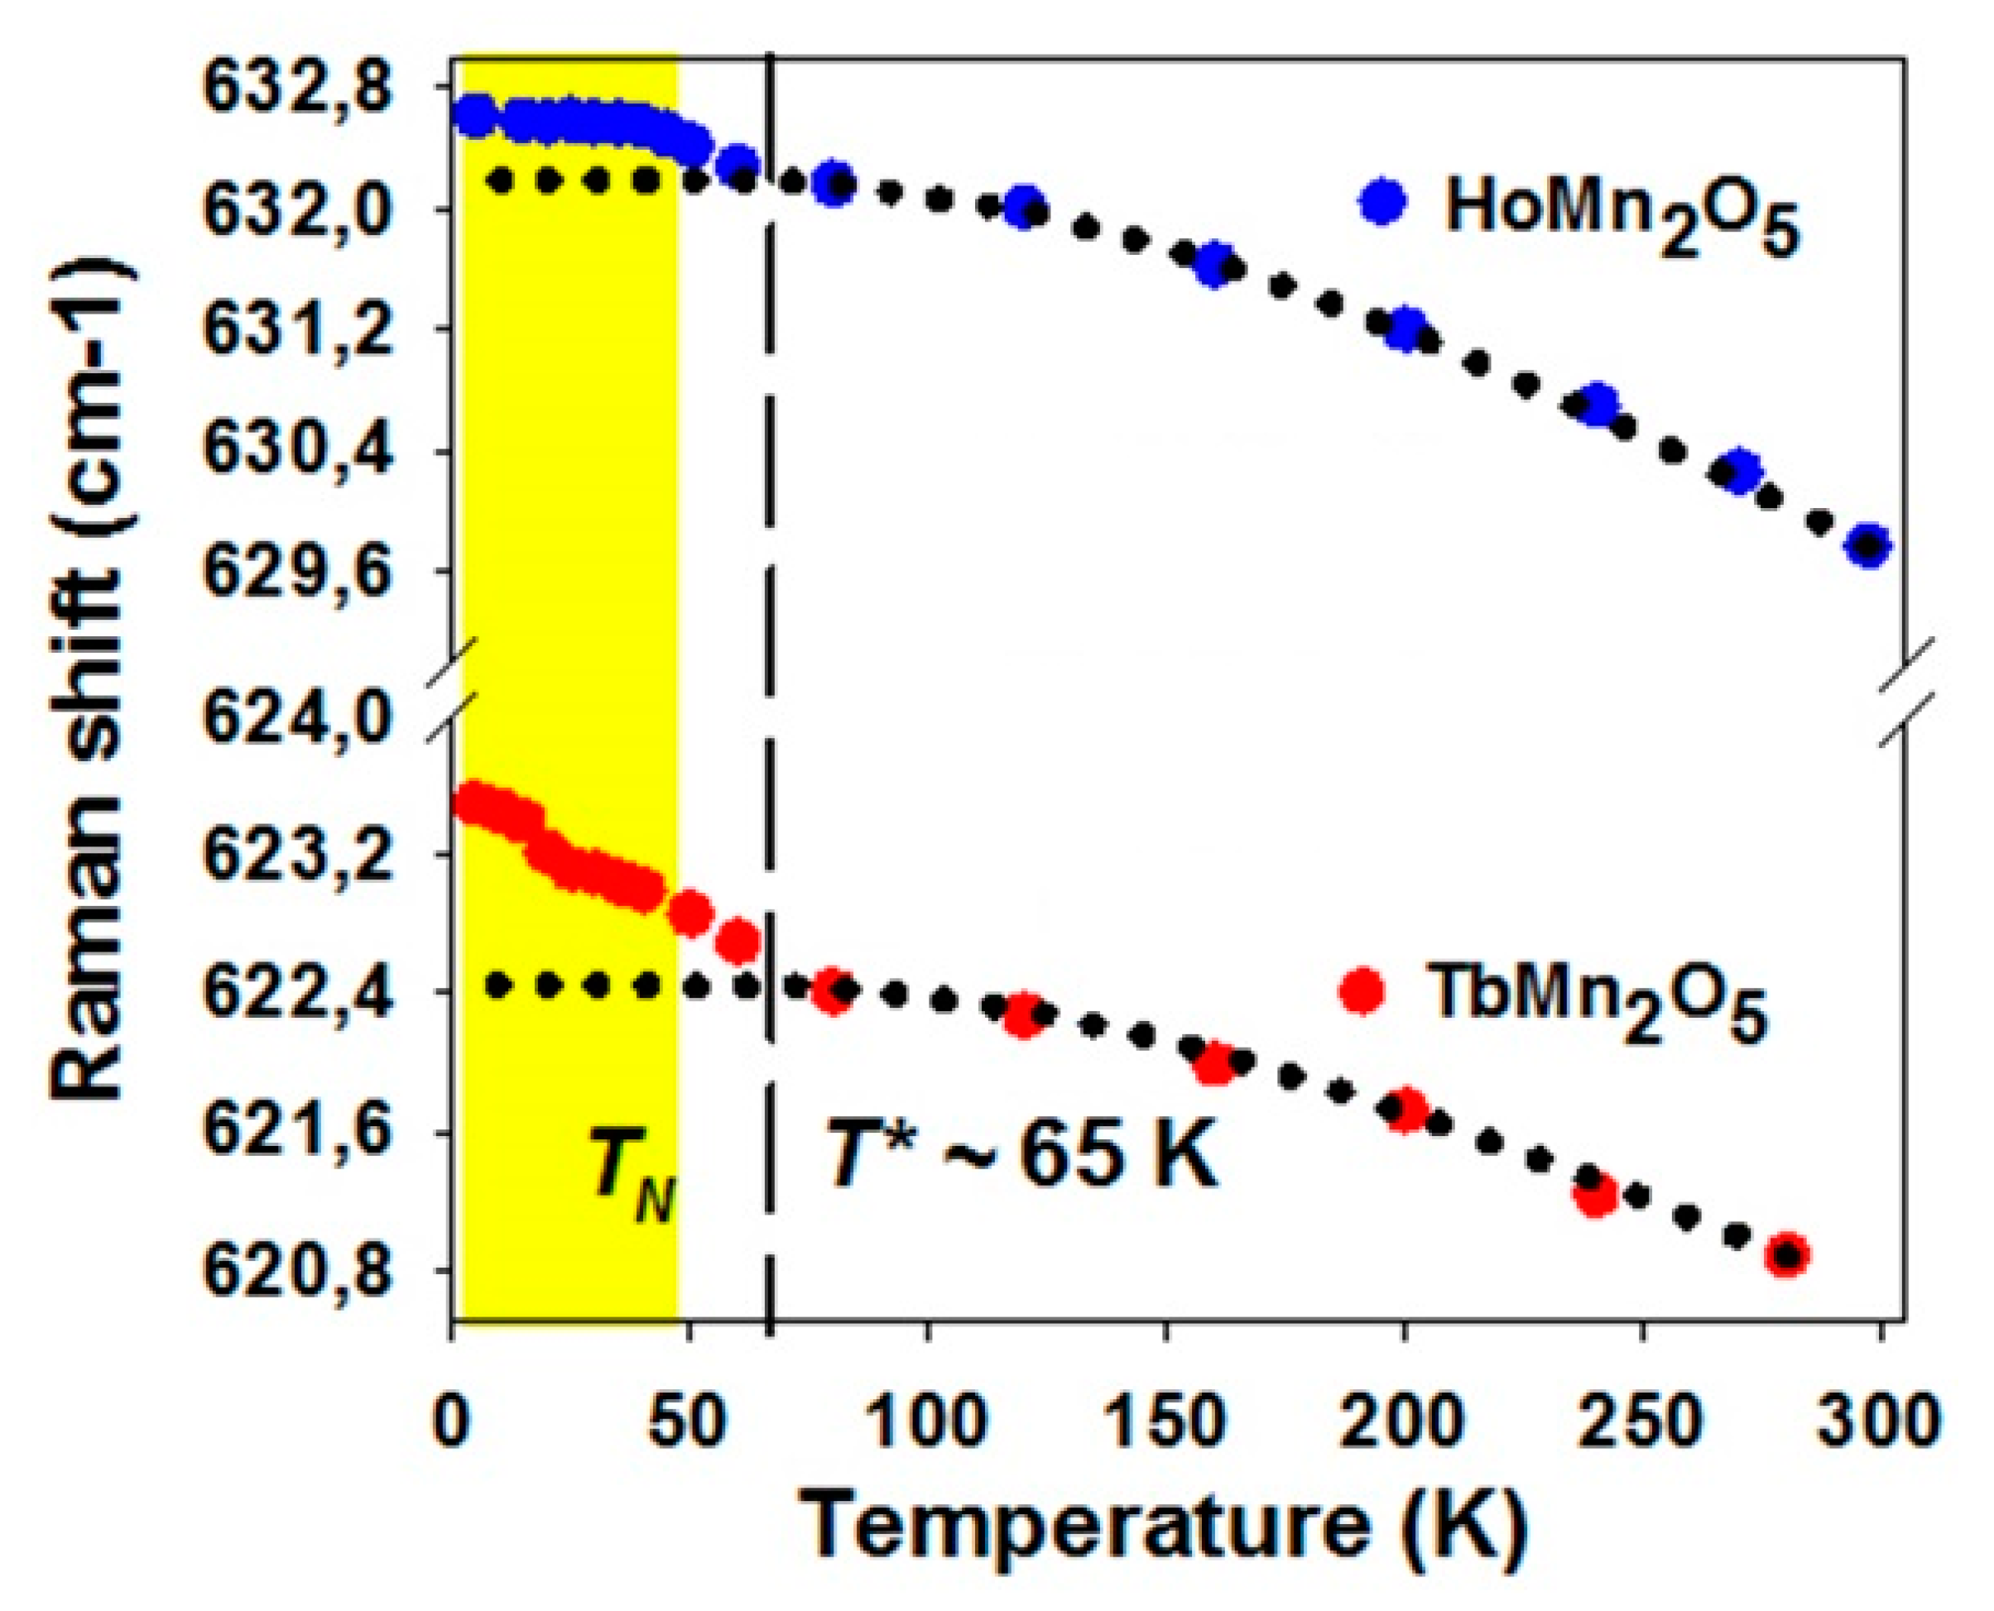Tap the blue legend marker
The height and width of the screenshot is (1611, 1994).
click(x=1382, y=202)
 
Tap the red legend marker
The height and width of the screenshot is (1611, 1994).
click(x=1362, y=991)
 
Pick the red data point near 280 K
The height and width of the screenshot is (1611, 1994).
click(x=1787, y=1257)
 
